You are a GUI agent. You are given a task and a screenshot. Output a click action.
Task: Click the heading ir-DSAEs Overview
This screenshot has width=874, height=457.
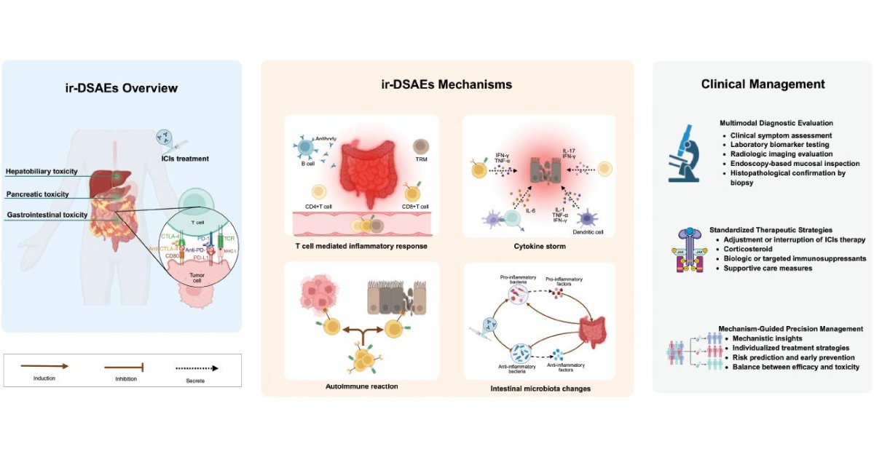tap(122, 89)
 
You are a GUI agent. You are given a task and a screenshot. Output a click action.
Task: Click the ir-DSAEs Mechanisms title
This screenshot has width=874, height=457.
tap(447, 84)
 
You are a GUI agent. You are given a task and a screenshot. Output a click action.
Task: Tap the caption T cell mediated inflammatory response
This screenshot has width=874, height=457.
tap(361, 246)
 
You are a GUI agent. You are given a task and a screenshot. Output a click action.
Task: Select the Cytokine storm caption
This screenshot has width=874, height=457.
tap(540, 246)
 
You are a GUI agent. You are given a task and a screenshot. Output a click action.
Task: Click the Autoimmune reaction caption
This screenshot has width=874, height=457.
tap(361, 386)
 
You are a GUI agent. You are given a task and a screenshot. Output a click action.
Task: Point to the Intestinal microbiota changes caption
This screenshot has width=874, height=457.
tap(540, 389)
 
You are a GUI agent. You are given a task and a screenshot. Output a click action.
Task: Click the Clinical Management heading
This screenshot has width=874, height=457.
tap(763, 84)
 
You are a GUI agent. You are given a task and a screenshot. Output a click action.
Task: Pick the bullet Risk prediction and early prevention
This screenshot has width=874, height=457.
tap(790, 357)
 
